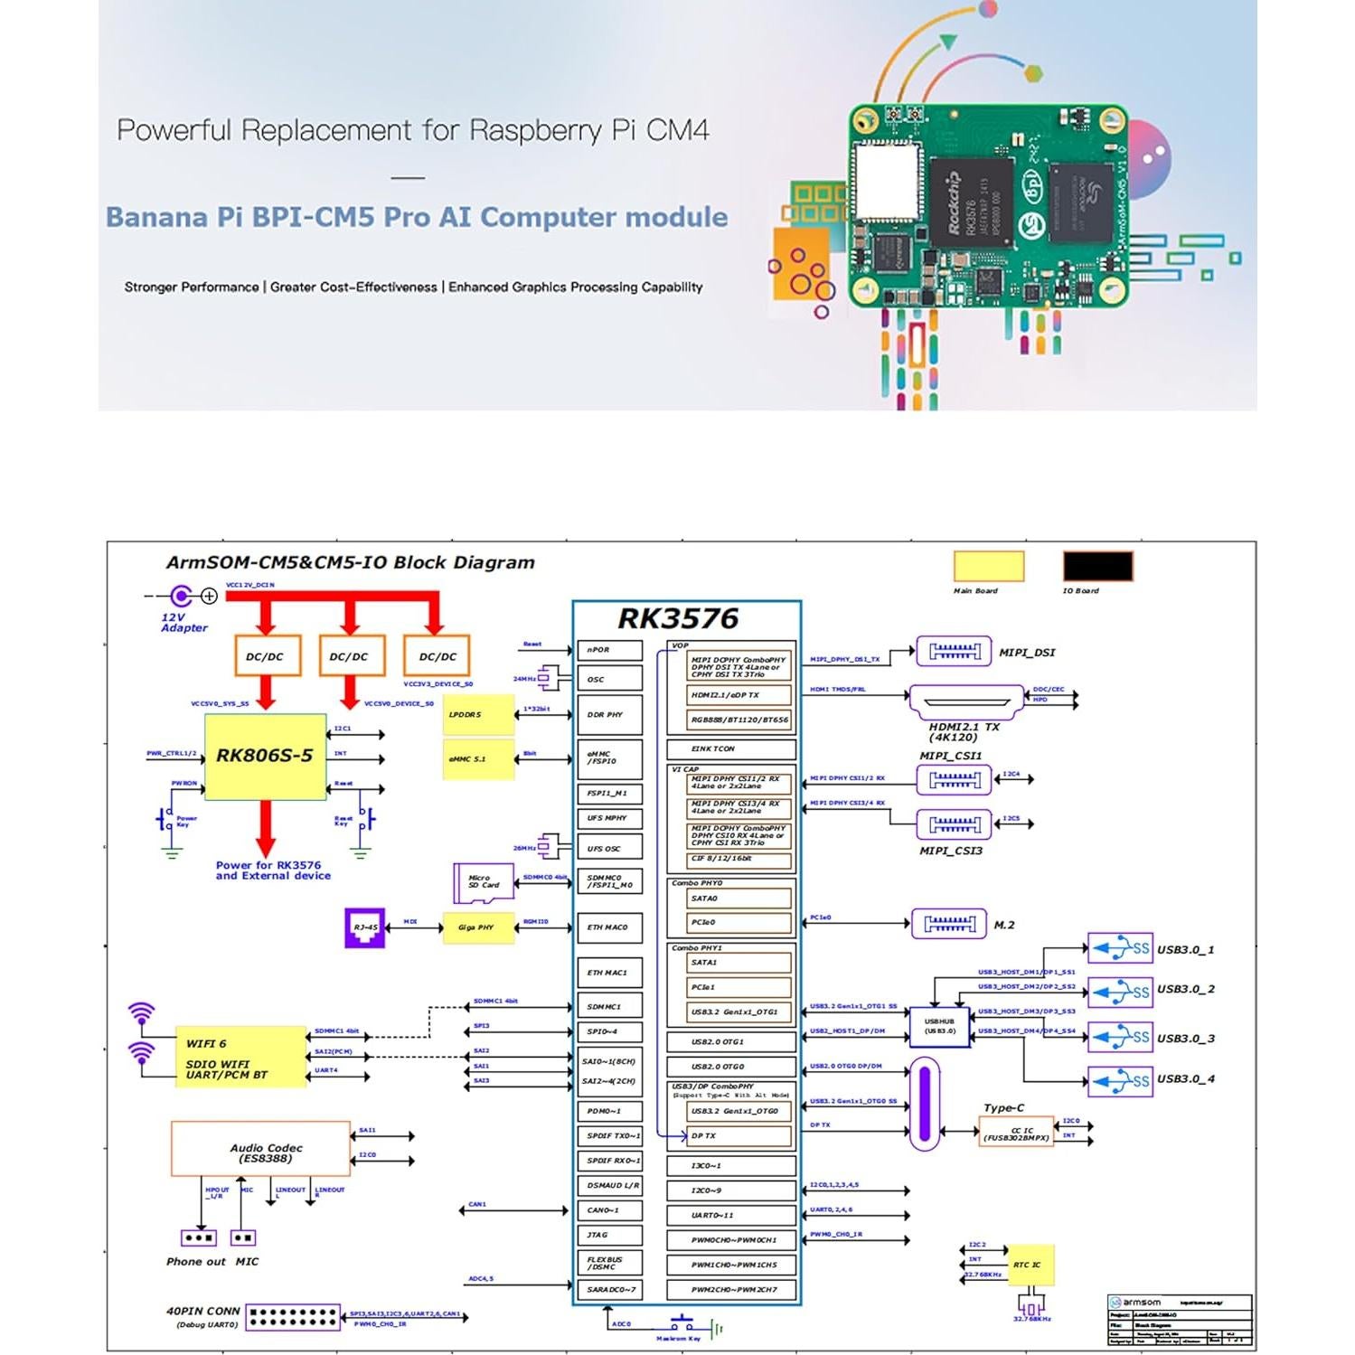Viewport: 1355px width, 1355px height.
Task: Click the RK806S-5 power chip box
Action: click(x=265, y=757)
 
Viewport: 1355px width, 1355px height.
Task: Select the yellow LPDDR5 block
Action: click(x=478, y=715)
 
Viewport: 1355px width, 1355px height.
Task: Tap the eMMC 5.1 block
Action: click(x=478, y=759)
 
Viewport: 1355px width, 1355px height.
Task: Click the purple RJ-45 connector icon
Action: click(x=365, y=928)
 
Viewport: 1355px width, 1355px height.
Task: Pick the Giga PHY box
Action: click(x=478, y=927)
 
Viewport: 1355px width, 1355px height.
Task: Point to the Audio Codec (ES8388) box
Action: click(x=260, y=1149)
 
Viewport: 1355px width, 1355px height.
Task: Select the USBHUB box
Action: click(x=939, y=1027)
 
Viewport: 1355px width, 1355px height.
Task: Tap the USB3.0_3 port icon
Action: click(x=1120, y=1037)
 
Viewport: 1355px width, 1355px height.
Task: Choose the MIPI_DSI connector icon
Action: click(x=954, y=651)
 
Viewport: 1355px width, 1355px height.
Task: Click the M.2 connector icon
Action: click(x=948, y=924)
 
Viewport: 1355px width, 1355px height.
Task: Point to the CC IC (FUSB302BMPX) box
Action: click(x=1016, y=1133)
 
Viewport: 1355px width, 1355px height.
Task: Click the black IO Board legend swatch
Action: click(x=1097, y=567)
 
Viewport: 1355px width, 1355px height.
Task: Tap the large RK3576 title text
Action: click(x=678, y=619)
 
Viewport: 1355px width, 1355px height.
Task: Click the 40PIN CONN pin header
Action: click(x=293, y=1317)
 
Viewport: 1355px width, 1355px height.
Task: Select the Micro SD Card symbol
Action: click(x=483, y=882)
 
